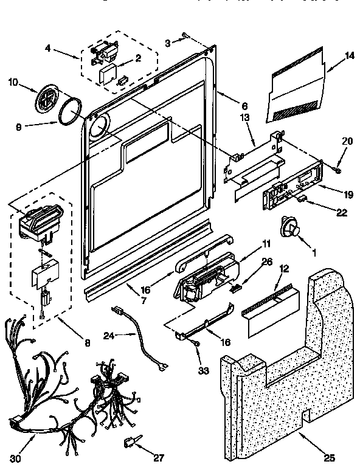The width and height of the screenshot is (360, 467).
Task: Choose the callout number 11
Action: click(x=265, y=244)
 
